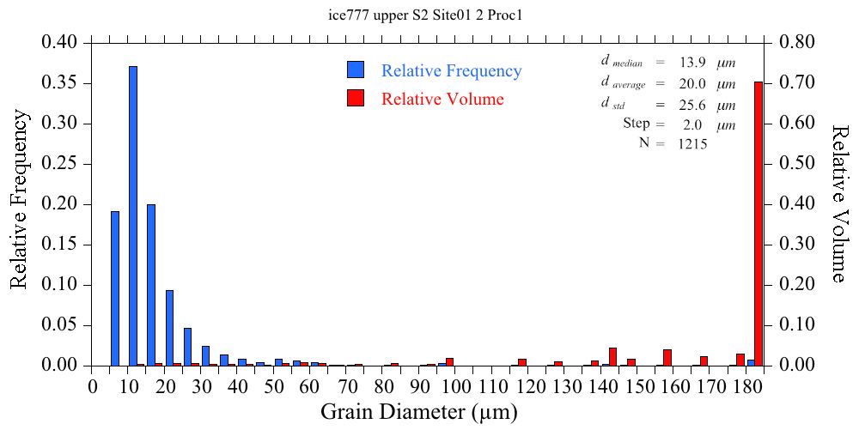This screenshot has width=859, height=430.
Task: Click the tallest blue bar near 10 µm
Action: pyautogui.click(x=133, y=215)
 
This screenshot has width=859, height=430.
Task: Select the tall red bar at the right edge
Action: pyautogui.click(x=758, y=223)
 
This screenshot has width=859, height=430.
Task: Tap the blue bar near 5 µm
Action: pyautogui.click(x=115, y=288)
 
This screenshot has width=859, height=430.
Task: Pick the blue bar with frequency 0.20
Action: pyautogui.click(x=151, y=285)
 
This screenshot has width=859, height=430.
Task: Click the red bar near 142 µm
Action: pyautogui.click(x=612, y=357)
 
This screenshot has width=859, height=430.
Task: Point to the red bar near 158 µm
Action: pyautogui.click(x=667, y=358)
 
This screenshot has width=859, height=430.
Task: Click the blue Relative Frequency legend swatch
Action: pyautogui.click(x=356, y=70)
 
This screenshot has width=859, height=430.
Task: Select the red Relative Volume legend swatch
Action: pyautogui.click(x=356, y=98)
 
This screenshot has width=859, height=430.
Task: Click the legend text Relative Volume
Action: pyautogui.click(x=442, y=99)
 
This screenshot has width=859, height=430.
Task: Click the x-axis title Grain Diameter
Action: pyautogui.click(x=419, y=412)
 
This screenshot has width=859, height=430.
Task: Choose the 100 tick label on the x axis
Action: pyautogui.click(x=457, y=387)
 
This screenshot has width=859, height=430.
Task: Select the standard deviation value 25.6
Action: pyautogui.click(x=691, y=106)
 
